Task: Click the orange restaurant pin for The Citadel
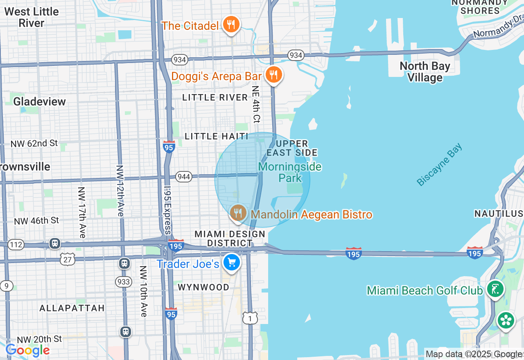pos(231,25)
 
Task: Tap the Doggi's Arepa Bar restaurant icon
pos(273,75)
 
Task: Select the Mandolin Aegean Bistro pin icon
pos(238,213)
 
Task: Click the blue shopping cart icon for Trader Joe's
pos(232,263)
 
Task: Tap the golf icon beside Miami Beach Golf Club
pos(495,289)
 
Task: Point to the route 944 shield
pos(184,177)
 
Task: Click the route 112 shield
pos(16,245)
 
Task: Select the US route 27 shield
pos(67,258)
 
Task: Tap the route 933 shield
pos(123,281)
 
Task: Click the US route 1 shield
pos(250,318)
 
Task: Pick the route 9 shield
pos(6,286)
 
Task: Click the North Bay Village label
pos(425,72)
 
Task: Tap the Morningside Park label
pos(290,172)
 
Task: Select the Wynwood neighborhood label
pos(203,287)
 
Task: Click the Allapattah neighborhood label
pos(72,308)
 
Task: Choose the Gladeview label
pos(39,101)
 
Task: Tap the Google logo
pos(27,351)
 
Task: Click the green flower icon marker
pos(506,320)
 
